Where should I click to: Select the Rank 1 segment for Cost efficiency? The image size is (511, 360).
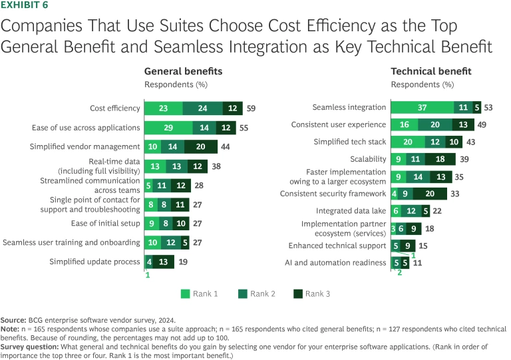[x=164, y=108]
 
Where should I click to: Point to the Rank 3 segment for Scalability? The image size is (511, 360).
[x=440, y=159]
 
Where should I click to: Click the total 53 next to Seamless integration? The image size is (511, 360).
[x=488, y=107]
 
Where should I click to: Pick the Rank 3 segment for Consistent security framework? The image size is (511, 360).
[x=440, y=194]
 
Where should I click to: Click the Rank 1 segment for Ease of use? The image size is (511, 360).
[x=168, y=128]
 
